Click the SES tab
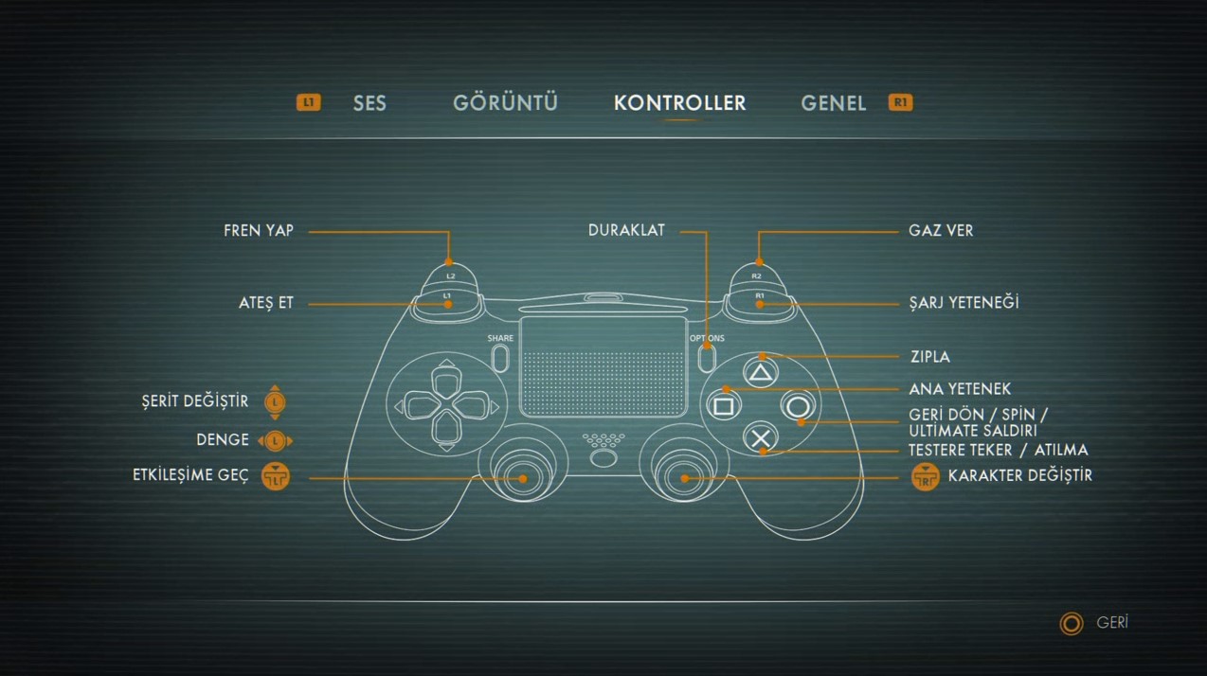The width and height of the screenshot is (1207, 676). click(369, 103)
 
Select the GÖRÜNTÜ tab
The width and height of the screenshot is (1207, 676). click(505, 102)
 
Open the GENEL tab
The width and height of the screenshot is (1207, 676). click(833, 103)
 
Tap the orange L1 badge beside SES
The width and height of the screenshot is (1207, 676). click(309, 102)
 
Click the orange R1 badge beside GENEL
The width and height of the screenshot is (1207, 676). click(900, 102)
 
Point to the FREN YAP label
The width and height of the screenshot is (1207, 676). click(259, 230)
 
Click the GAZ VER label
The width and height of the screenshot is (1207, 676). click(941, 230)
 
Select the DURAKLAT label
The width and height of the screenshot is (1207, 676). click(626, 230)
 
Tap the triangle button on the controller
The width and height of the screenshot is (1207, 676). click(761, 372)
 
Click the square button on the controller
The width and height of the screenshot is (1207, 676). click(723, 406)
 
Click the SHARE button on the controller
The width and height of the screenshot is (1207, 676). click(500, 358)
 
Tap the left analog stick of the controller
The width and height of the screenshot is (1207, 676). click(523, 477)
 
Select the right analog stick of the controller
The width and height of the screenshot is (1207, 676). click(684, 477)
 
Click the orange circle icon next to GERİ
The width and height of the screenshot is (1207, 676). click(1072, 623)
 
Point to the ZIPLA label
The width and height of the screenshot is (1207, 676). click(930, 357)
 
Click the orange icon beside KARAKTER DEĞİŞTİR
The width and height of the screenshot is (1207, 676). click(926, 476)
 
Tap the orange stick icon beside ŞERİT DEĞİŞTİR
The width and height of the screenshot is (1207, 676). click(276, 402)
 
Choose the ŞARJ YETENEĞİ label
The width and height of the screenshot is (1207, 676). click(964, 302)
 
